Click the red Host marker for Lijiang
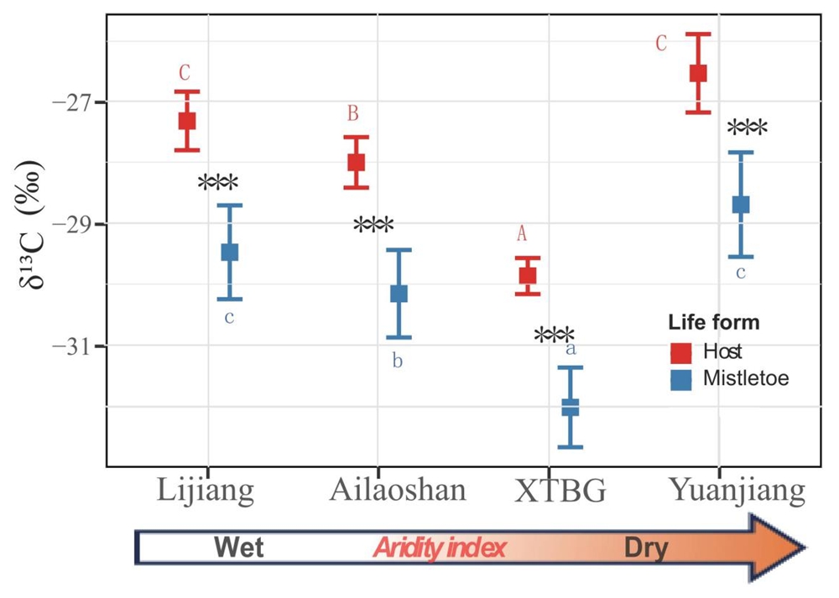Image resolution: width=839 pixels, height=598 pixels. click(186, 120)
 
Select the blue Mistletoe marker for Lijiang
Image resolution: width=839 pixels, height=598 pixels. click(229, 252)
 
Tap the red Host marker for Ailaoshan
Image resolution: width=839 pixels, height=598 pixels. click(356, 162)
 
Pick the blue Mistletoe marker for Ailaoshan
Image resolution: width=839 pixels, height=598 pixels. click(399, 294)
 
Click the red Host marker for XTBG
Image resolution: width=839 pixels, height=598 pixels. click(528, 275)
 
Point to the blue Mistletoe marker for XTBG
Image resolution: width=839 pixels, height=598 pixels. click(571, 407)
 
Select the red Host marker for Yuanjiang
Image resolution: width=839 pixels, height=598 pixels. click(698, 73)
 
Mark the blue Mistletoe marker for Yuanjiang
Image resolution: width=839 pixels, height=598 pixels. click(741, 204)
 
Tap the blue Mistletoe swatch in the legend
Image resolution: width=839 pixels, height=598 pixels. click(680, 379)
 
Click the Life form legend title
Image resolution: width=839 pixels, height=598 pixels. click(714, 322)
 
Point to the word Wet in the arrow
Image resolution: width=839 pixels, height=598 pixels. click(239, 549)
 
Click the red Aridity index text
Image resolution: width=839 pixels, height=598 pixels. click(440, 549)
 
